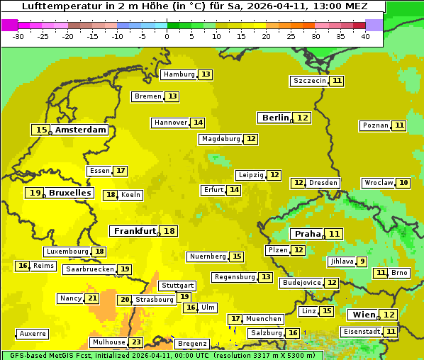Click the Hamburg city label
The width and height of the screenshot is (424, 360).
[x=179, y=74]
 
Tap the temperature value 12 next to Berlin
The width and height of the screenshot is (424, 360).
[x=303, y=118]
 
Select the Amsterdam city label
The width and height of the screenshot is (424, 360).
[x=81, y=130]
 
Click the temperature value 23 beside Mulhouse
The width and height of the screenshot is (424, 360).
[x=136, y=342]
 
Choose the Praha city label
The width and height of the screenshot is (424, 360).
[x=308, y=234]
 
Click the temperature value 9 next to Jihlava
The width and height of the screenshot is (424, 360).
[x=362, y=261]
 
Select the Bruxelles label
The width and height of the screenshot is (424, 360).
[x=69, y=193]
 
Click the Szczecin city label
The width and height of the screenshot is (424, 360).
[x=310, y=81]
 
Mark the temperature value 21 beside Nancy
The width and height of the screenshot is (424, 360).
[x=92, y=298]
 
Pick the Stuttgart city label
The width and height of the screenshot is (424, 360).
[x=177, y=286]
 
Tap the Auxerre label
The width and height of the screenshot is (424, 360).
[x=33, y=333]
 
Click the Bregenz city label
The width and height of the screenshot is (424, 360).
[x=192, y=344]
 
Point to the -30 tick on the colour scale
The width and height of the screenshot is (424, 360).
[x=18, y=35]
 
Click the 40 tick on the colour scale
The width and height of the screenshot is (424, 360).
[x=365, y=35]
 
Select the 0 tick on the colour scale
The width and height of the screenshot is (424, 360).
[x=167, y=35]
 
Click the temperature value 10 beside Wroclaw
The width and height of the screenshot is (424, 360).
[x=403, y=183]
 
